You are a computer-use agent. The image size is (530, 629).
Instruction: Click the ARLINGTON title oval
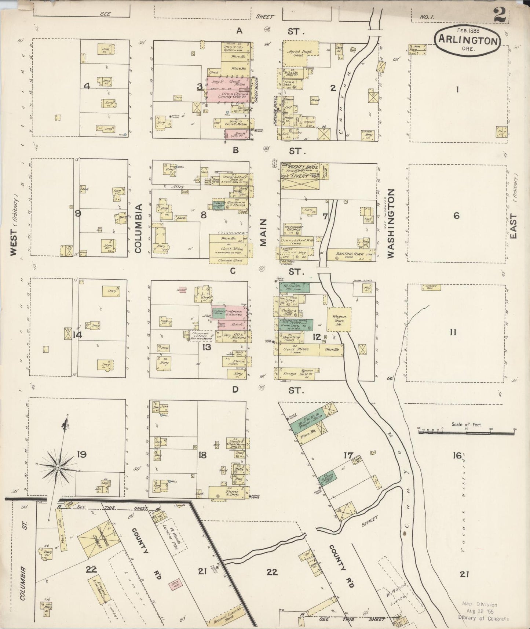point(467,40)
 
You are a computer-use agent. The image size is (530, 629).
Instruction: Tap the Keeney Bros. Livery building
point(299,176)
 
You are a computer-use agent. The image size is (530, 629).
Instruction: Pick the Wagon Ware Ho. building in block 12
point(339,319)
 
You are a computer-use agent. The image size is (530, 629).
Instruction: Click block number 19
point(81,455)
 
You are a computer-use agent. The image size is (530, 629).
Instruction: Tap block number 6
point(456,216)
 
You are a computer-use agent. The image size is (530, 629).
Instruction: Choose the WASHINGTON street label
point(391,223)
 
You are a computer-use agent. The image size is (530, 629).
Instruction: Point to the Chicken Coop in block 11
point(431,287)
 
